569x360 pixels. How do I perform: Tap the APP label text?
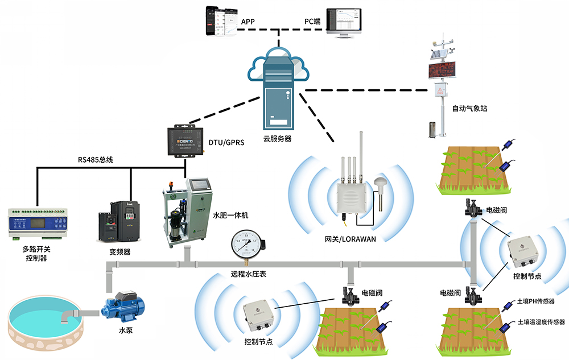point(248,22)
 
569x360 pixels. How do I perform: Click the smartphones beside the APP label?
point(221,22)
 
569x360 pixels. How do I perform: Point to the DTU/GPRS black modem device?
point(185,140)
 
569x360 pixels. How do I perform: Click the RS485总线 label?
point(96,160)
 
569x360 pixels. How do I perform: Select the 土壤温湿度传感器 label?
point(540,322)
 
